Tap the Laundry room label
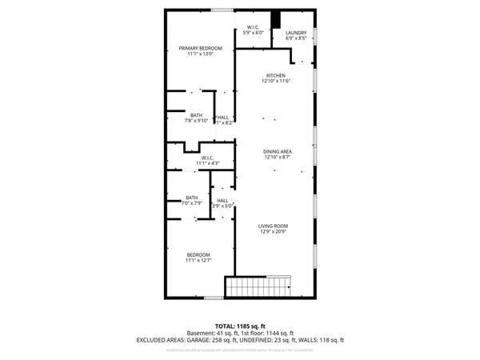(x=296, y=33)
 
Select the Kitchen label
(x=276, y=75)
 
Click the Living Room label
(x=273, y=226)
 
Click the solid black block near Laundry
(x=277, y=21)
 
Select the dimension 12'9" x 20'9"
(x=273, y=232)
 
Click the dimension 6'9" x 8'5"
(x=296, y=39)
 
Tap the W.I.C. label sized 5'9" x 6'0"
(x=251, y=29)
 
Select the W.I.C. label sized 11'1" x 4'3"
(x=208, y=158)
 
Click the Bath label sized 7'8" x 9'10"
(x=195, y=114)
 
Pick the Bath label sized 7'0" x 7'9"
(x=192, y=198)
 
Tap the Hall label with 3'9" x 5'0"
(x=222, y=200)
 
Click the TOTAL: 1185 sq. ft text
(x=240, y=326)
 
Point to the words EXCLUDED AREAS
(x=162, y=341)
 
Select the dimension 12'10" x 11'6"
(x=276, y=82)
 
